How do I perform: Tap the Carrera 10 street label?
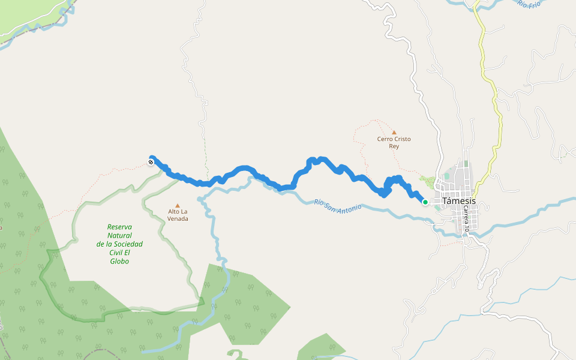[466, 216]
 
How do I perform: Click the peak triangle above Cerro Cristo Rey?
[394, 133]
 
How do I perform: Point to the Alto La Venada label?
[178, 215]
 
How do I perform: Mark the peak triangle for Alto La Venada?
[177, 205]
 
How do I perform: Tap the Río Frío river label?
[530, 4]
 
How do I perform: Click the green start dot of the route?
[425, 202]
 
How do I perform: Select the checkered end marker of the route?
[151, 162]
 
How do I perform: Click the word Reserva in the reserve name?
[119, 227]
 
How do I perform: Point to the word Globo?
[119, 261]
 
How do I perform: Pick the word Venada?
[178, 219]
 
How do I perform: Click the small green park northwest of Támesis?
[427, 180]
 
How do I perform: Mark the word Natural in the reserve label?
[119, 235]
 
